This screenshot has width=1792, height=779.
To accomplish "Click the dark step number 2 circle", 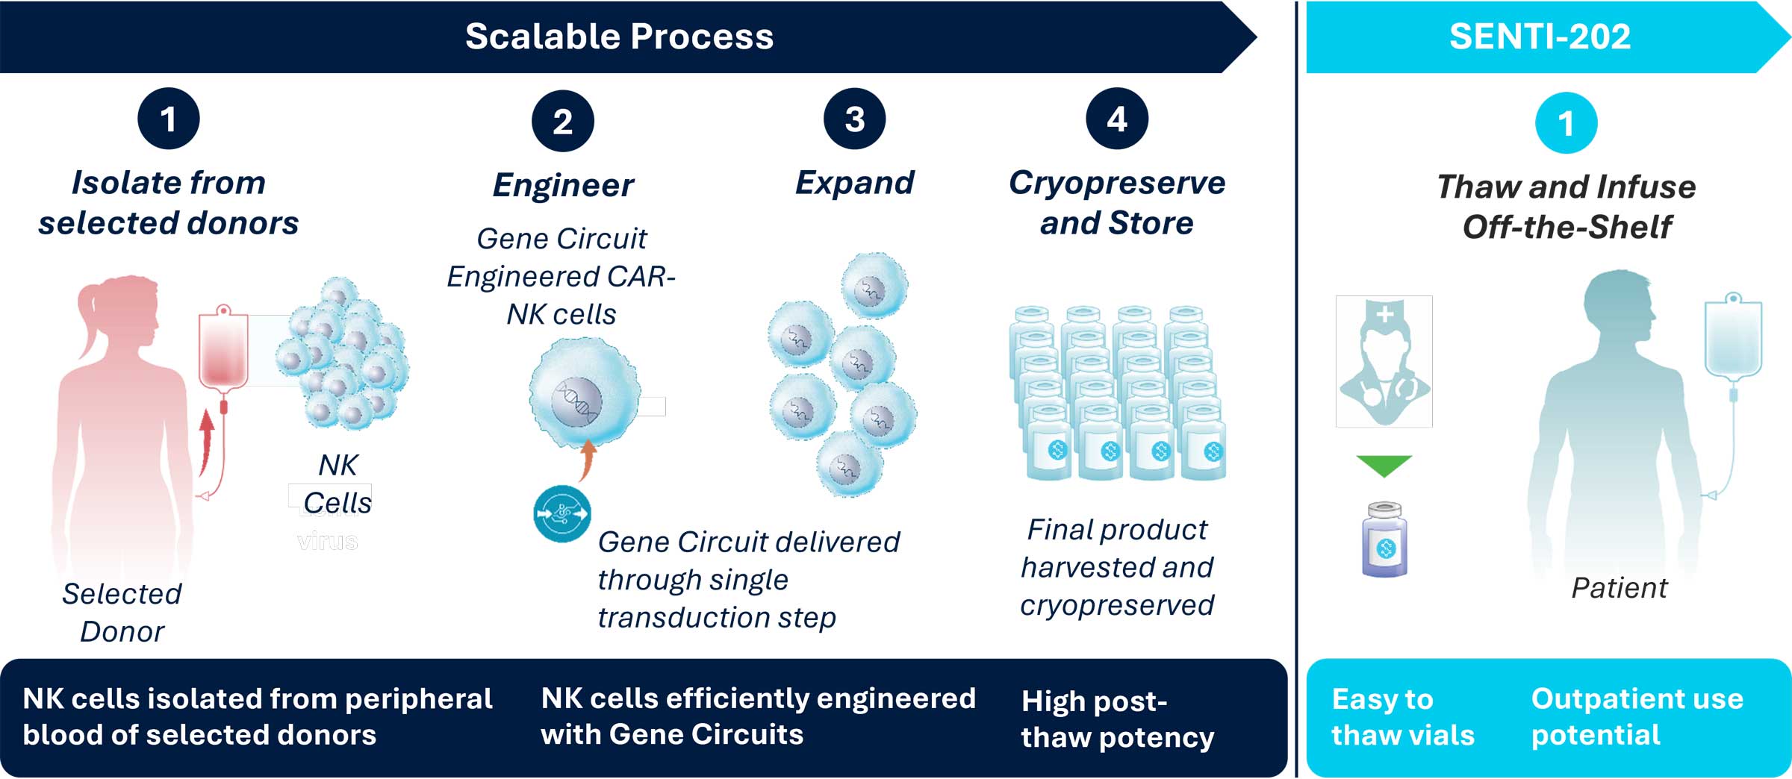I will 562,121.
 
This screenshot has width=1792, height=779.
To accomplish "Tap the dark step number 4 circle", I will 1116,119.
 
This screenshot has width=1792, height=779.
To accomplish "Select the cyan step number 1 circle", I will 1566,123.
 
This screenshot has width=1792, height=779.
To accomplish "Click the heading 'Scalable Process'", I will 619,37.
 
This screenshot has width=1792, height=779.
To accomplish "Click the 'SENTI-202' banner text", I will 1540,37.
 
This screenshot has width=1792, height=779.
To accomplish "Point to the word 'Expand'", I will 854,183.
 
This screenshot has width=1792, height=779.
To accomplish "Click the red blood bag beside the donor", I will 223,351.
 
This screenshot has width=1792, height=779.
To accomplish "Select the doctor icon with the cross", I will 1384,361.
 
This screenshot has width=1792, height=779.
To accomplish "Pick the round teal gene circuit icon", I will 561,513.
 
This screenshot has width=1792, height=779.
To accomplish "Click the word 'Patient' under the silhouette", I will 1619,588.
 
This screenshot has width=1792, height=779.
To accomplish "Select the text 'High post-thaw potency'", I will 1116,719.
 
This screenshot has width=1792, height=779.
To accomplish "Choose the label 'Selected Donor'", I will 122,613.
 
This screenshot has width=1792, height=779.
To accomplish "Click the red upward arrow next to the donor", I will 207,440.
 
